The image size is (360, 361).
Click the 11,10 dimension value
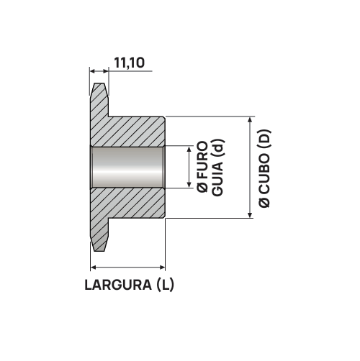point(130,63)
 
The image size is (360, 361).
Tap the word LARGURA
point(118,285)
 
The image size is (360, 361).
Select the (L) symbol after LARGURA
point(165,285)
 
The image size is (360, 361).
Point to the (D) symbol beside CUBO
point(264,139)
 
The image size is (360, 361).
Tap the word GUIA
point(218,179)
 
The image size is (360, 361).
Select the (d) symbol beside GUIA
point(218,148)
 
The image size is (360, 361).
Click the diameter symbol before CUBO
point(265,202)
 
